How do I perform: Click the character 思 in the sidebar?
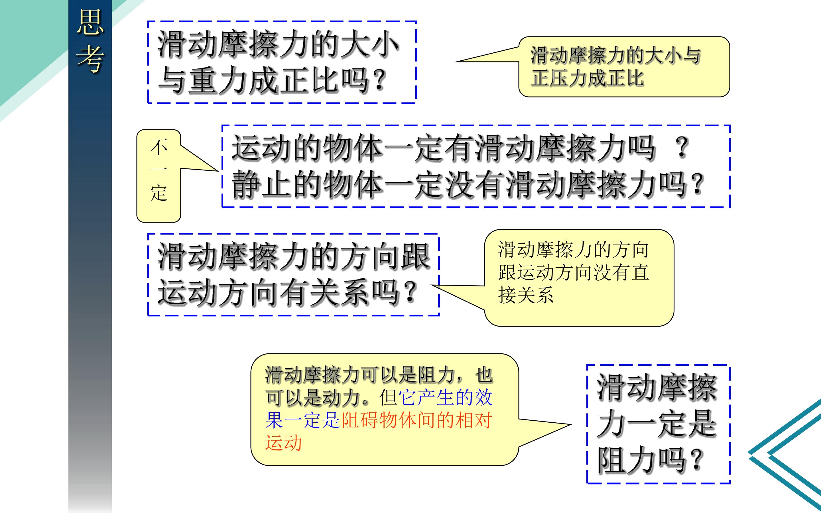coord(90,22)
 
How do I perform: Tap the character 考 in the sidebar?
coord(90,59)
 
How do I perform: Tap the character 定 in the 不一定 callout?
coord(158,194)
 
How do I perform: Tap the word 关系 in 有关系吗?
coord(340,292)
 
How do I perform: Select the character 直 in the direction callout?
coord(640,272)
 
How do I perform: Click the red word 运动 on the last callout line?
coord(283,443)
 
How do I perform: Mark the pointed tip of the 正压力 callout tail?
coord(455,62)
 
